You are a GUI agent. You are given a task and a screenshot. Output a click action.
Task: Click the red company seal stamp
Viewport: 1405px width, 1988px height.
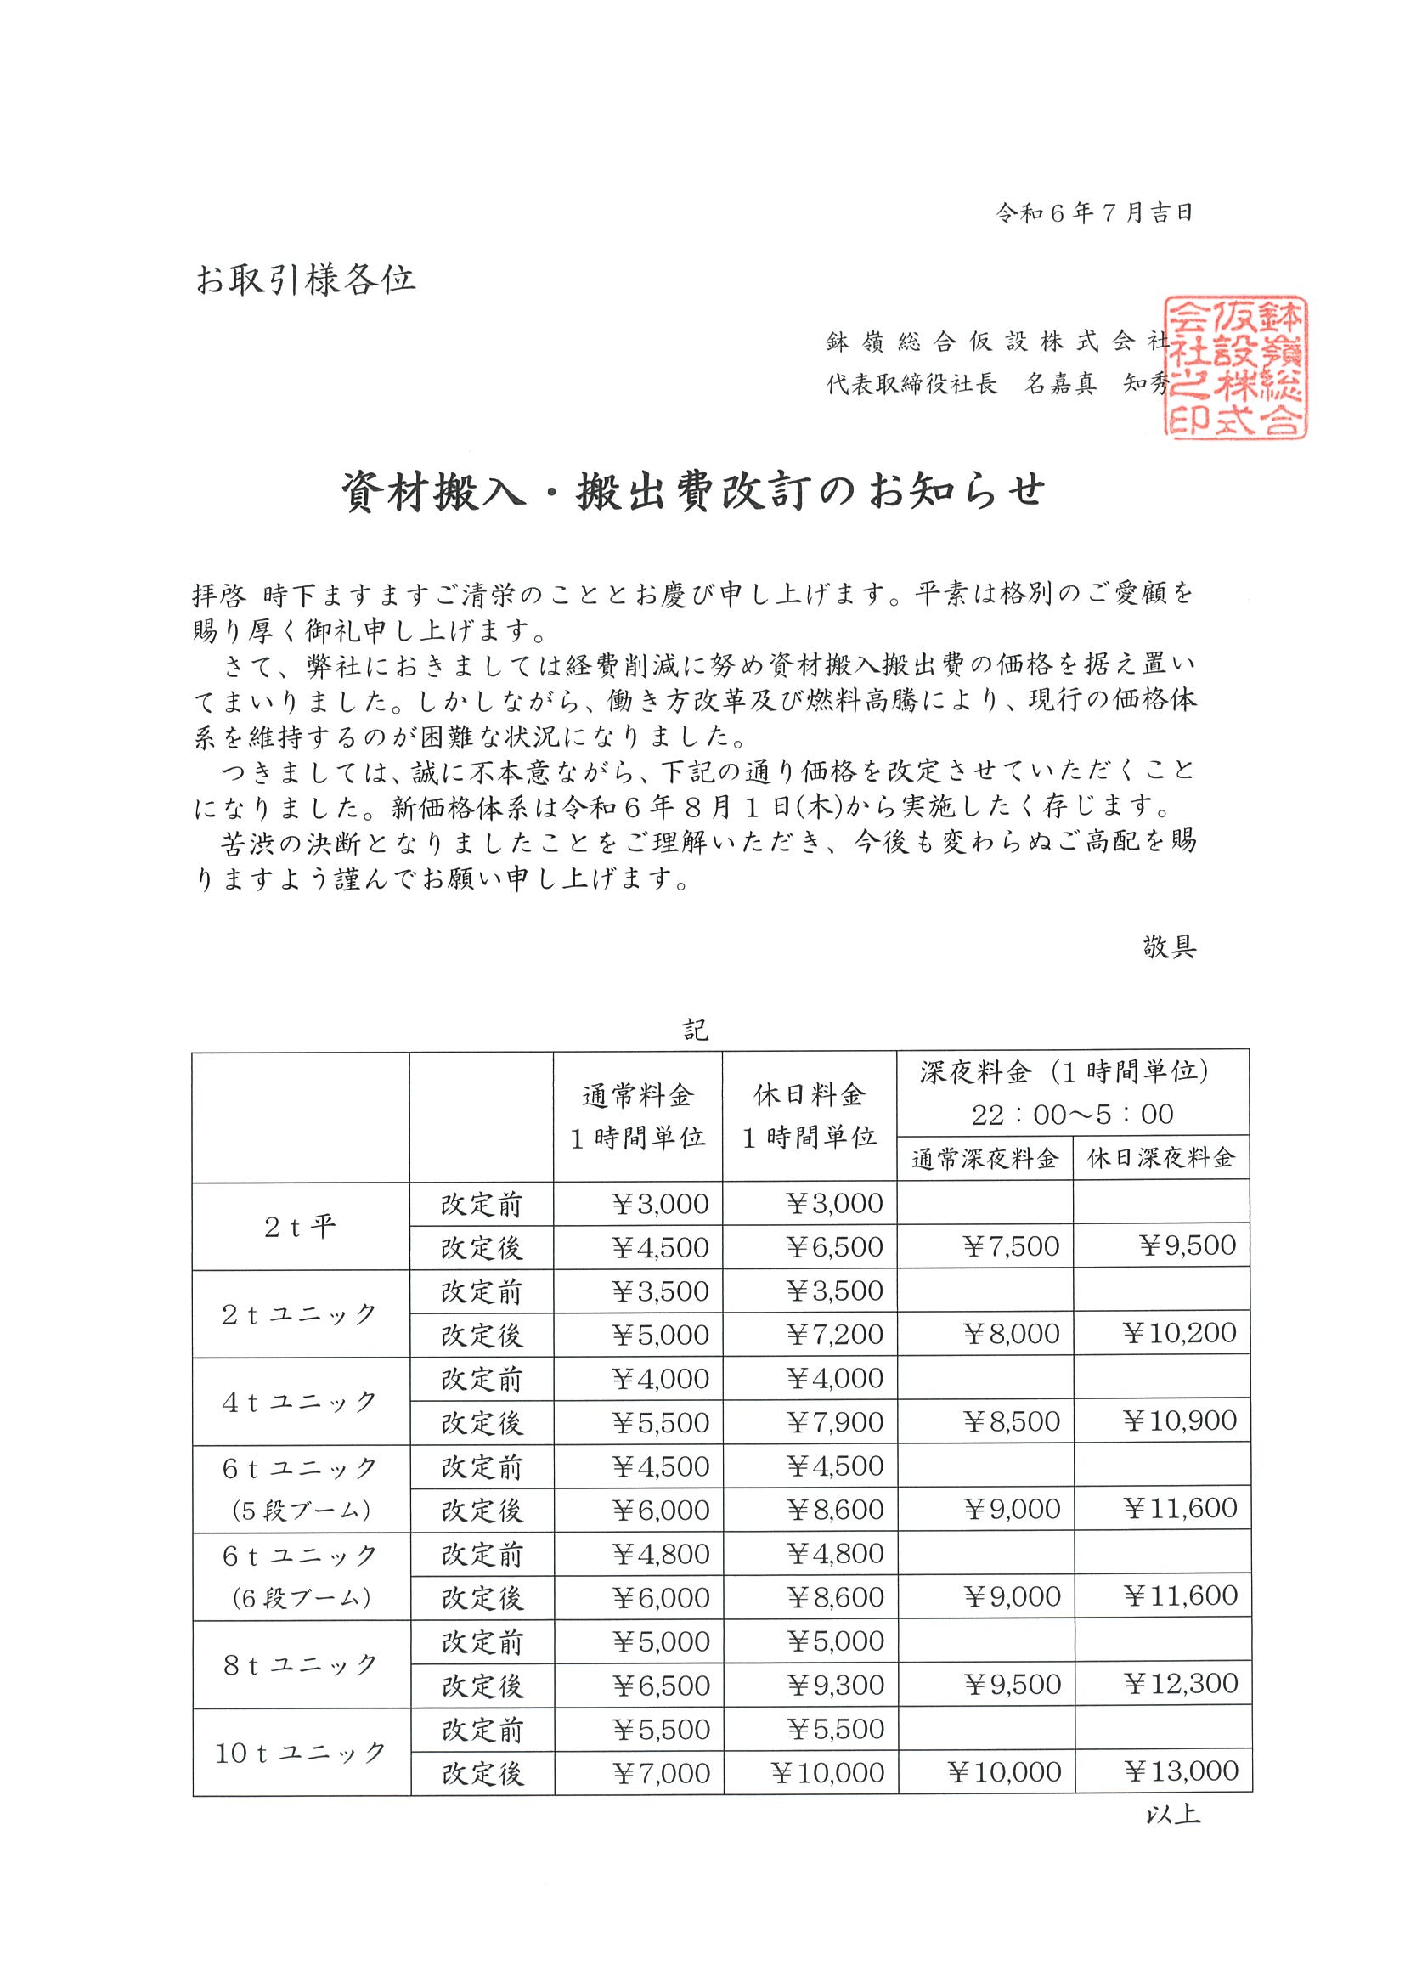pyautogui.click(x=1235, y=368)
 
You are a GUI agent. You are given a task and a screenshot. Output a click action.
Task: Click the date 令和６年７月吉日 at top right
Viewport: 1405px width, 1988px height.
pyautogui.click(x=1095, y=214)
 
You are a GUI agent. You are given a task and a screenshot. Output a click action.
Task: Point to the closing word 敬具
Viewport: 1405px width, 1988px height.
pyautogui.click(x=1169, y=947)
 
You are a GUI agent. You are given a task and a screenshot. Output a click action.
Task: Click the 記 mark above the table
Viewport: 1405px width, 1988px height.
pyautogui.click(x=695, y=1031)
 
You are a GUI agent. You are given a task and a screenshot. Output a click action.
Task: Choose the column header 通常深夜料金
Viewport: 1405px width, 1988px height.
pyautogui.click(x=985, y=1159)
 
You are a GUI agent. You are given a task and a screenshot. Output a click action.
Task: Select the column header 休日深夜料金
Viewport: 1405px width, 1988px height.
pyautogui.click(x=1161, y=1159)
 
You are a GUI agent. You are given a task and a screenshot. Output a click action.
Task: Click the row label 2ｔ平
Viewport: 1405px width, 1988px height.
pyautogui.click(x=300, y=1226)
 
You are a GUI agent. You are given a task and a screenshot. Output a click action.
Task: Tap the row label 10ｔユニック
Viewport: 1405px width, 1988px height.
pyautogui.click(x=301, y=1752)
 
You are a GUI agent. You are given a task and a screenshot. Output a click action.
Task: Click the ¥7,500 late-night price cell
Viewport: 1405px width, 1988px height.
pyautogui.click(x=1011, y=1247)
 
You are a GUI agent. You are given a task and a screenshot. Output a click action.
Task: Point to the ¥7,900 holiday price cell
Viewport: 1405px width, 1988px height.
pyautogui.click(x=834, y=1421)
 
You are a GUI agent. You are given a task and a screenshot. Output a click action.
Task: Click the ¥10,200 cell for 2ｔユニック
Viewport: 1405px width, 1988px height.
pyautogui.click(x=1181, y=1334)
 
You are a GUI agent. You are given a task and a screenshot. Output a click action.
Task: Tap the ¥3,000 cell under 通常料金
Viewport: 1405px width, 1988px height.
pyautogui.click(x=660, y=1204)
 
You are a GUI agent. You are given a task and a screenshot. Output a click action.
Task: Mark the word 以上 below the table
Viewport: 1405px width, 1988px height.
pyautogui.click(x=1172, y=1814)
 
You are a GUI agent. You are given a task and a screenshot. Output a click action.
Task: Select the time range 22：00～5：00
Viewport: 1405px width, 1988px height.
pyautogui.click(x=1072, y=1115)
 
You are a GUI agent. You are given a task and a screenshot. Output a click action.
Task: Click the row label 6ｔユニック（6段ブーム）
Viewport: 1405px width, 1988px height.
pyautogui.click(x=301, y=1577)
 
